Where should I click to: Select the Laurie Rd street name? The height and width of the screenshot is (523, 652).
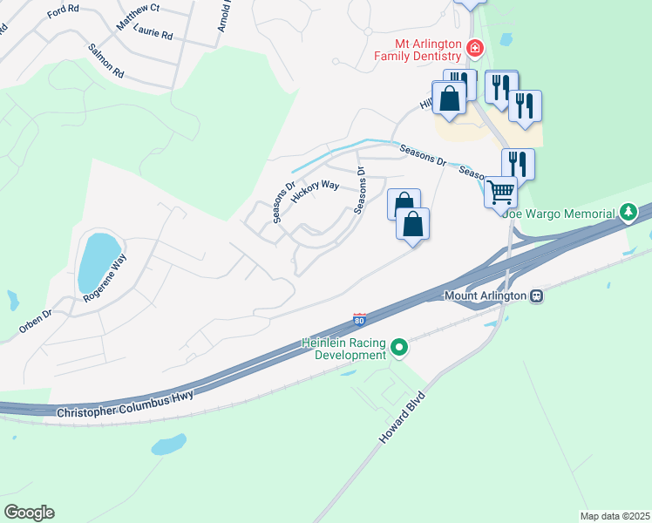(155, 37)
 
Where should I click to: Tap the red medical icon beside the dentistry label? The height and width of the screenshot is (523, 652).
(475, 47)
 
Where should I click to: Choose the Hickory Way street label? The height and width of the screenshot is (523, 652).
(315, 191)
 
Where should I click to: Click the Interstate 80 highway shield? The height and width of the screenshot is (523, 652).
(359, 320)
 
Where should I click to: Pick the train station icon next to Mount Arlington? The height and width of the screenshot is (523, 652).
(537, 295)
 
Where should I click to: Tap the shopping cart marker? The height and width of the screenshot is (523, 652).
(500, 191)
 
